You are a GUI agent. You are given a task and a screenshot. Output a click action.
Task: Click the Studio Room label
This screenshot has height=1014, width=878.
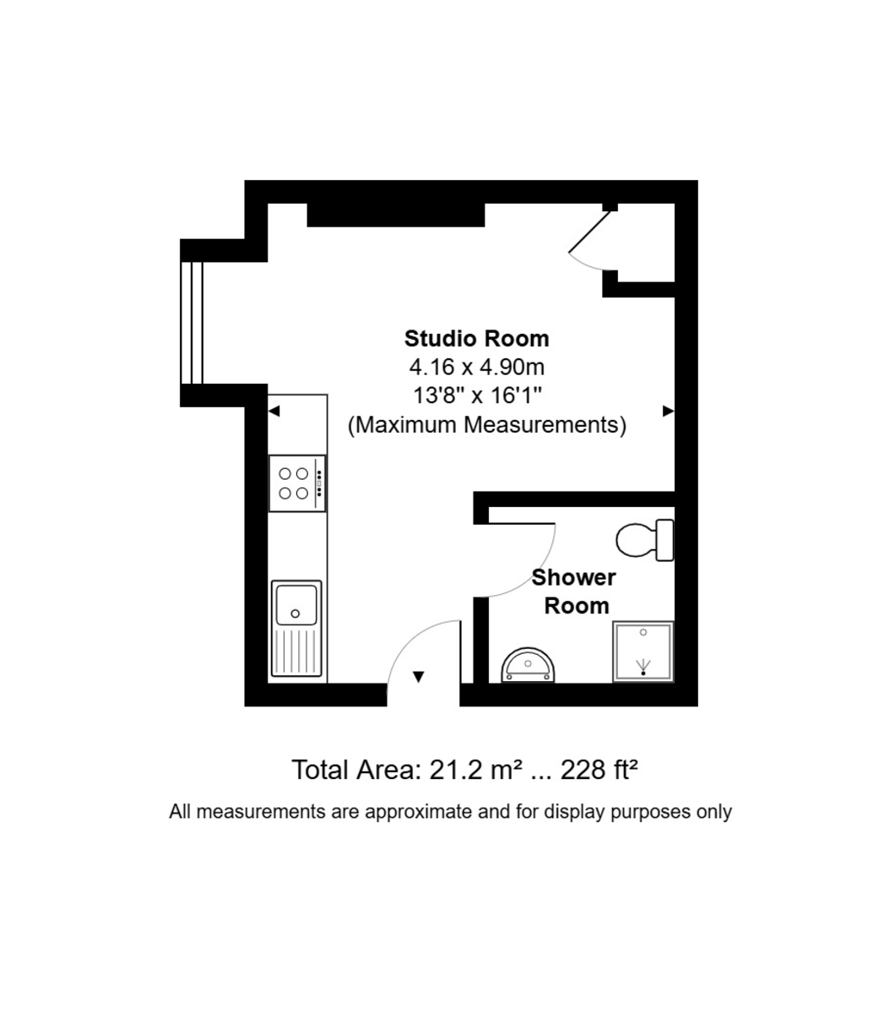476,339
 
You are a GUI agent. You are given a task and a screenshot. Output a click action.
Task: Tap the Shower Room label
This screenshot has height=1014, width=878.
574,591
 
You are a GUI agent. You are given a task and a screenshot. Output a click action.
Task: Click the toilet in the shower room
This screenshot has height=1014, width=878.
645,540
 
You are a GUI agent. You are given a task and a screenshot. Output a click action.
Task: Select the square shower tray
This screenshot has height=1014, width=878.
643,651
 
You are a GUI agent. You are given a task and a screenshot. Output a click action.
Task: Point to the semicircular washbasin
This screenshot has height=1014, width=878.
528,665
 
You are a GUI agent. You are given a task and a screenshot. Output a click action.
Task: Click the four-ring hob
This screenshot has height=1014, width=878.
296,483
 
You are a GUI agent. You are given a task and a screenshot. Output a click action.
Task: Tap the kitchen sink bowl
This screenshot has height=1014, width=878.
295,605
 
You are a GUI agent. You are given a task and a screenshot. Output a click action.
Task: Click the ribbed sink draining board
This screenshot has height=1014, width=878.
296,651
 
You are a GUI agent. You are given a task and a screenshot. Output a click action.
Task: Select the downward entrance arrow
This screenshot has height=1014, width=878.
418,677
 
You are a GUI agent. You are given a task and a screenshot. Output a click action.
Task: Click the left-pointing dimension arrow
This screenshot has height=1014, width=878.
274,412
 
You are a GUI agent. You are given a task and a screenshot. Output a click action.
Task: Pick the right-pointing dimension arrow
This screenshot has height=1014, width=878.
668,412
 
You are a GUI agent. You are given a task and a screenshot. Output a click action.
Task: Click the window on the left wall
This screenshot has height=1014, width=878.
192,323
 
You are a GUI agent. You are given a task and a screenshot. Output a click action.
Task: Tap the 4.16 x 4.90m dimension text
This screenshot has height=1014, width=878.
476,367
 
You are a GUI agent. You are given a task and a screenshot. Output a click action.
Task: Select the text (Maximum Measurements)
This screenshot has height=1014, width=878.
487,425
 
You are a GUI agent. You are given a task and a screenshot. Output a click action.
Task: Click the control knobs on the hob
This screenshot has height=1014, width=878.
319,483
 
